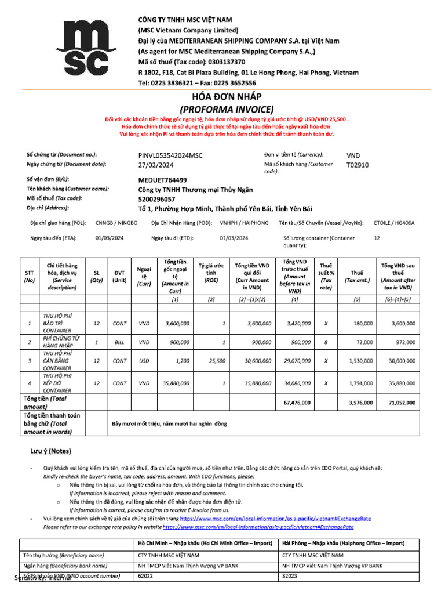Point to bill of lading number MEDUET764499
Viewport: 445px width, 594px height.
tap(162, 180)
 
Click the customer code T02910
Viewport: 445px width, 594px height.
tap(358, 165)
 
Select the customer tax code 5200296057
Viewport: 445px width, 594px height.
tap(156, 198)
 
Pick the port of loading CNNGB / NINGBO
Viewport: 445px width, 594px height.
tap(116, 223)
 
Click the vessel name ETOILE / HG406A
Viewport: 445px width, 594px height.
tap(394, 223)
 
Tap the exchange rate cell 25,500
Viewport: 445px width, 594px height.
tap(217, 361)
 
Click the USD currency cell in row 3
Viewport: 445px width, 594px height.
tap(144, 361)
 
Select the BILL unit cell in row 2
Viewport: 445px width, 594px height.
tap(119, 342)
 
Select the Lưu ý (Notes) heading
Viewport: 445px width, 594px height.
tap(51, 451)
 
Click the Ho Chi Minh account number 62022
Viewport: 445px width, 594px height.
tap(145, 577)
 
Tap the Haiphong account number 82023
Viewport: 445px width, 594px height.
tap(290, 577)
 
